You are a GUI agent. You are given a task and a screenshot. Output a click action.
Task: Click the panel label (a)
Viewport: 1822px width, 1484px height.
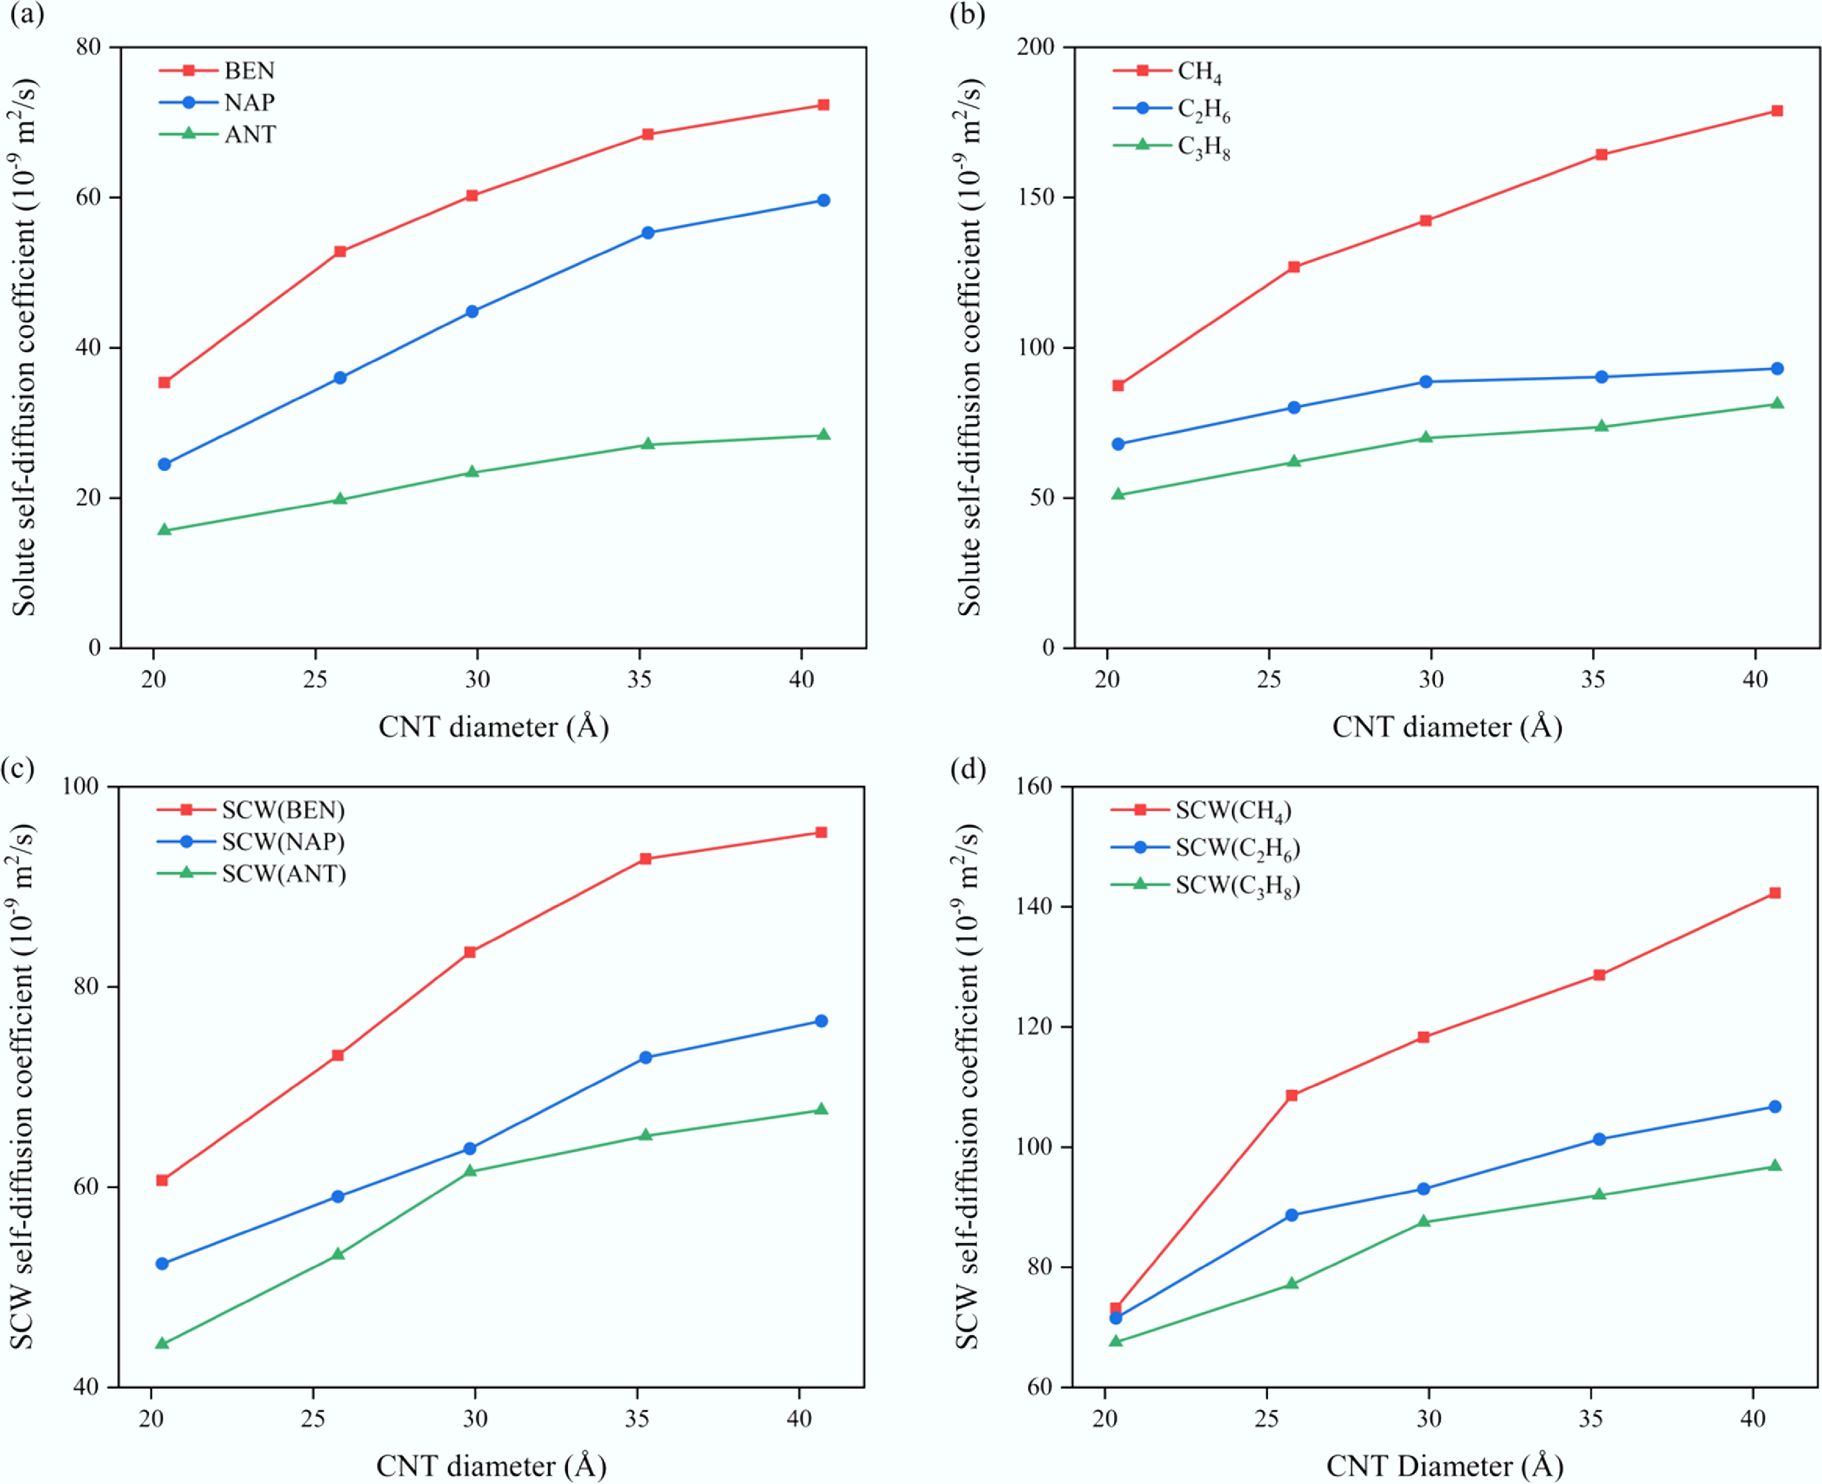coord(27,15)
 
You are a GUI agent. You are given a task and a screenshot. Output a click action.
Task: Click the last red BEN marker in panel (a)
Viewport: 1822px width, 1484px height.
coord(823,105)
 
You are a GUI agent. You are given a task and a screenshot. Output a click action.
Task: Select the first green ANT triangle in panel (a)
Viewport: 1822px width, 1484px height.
coord(164,530)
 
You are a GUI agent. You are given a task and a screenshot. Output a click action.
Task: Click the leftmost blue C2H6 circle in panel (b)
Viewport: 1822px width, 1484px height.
coord(1118,444)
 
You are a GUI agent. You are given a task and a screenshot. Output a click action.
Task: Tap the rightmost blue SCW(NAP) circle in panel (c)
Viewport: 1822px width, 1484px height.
coord(820,1021)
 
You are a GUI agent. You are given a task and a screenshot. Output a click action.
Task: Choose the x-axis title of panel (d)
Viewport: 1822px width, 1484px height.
coord(1444,1466)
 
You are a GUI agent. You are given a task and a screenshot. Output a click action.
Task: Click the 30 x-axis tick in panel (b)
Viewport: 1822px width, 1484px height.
coord(1431,680)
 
